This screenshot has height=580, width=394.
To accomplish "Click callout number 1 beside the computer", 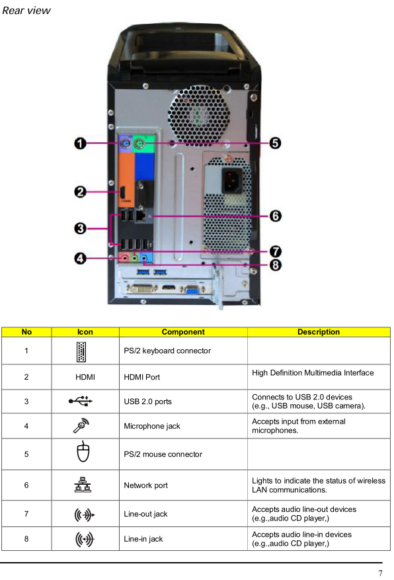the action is point(80,143).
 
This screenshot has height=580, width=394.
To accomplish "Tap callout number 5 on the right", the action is point(275,143).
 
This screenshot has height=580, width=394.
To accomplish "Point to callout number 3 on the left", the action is point(80,229).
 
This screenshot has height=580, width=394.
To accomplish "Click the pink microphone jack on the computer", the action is point(125,258).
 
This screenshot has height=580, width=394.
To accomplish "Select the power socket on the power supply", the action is point(232,181).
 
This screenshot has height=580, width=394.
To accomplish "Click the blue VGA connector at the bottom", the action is point(192,290).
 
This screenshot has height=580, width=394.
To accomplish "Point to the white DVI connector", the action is point(142,288).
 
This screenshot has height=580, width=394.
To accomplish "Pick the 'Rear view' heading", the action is point(26,11).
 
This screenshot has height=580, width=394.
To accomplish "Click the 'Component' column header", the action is point(183,332).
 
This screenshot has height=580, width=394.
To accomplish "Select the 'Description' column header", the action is point(319,332).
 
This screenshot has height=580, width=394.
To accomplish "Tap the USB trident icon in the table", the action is point(81,401).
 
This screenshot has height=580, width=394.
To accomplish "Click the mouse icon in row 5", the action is point(83,452).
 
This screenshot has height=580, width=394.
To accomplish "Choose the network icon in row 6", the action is point(83,485).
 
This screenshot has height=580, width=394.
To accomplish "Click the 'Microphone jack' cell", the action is point(152,426).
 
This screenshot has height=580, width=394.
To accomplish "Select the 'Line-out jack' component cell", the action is point(145,514).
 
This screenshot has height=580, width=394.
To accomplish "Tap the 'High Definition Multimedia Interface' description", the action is point(313,373).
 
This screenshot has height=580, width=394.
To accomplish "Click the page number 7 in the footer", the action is point(380,573).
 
